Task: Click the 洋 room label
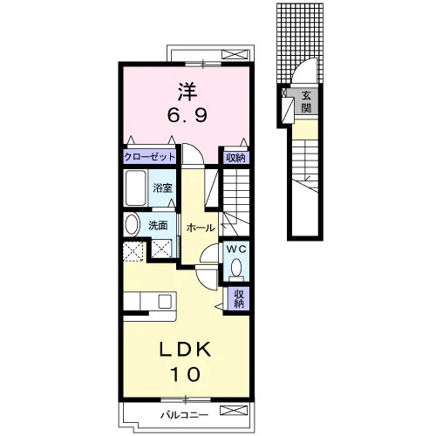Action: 187,92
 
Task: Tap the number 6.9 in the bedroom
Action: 187,115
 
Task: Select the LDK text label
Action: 185,350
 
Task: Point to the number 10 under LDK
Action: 185,374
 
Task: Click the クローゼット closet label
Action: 149,157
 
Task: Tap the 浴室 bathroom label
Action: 162,188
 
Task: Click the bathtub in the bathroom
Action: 136,187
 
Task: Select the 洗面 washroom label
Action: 158,226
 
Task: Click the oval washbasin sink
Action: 132,224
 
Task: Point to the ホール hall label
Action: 201,228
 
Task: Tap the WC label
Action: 236,249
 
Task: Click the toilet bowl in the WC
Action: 236,267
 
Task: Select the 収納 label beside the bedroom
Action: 235,158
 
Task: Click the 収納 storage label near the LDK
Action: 238,299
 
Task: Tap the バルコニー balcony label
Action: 185,415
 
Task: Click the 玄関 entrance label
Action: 306,102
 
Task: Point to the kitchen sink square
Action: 165,301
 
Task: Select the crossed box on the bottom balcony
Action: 234,410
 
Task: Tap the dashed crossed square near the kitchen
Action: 133,251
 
